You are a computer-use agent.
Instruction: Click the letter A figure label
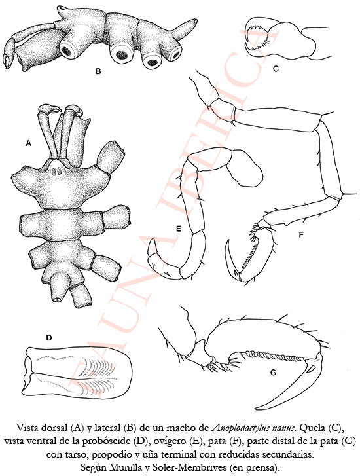click(x=29, y=143)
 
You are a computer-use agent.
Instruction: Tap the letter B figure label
click(x=98, y=71)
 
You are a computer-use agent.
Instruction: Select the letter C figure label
click(x=276, y=69)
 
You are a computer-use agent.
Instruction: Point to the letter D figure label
click(x=49, y=338)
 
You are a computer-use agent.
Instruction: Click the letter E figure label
click(x=179, y=229)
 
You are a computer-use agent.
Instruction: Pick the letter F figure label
click(x=301, y=234)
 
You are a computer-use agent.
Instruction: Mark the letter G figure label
click(x=273, y=372)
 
